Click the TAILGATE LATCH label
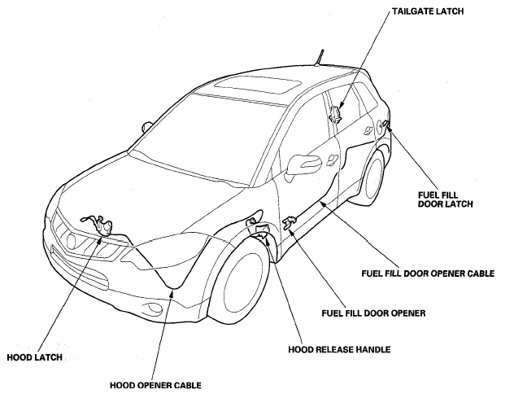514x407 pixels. (428, 11)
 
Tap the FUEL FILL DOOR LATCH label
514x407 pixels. (445, 199)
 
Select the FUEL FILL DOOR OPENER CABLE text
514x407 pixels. (428, 274)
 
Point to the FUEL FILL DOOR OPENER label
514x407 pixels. (373, 313)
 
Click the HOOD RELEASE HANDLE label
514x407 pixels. (339, 349)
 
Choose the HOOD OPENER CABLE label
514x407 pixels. (155, 385)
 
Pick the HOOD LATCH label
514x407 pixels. (34, 357)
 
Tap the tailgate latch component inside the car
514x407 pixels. (335, 114)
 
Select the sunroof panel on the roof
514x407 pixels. (258, 85)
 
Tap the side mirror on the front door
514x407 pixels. (303, 164)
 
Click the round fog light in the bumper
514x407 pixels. (153, 308)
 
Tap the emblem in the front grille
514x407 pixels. (71, 242)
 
